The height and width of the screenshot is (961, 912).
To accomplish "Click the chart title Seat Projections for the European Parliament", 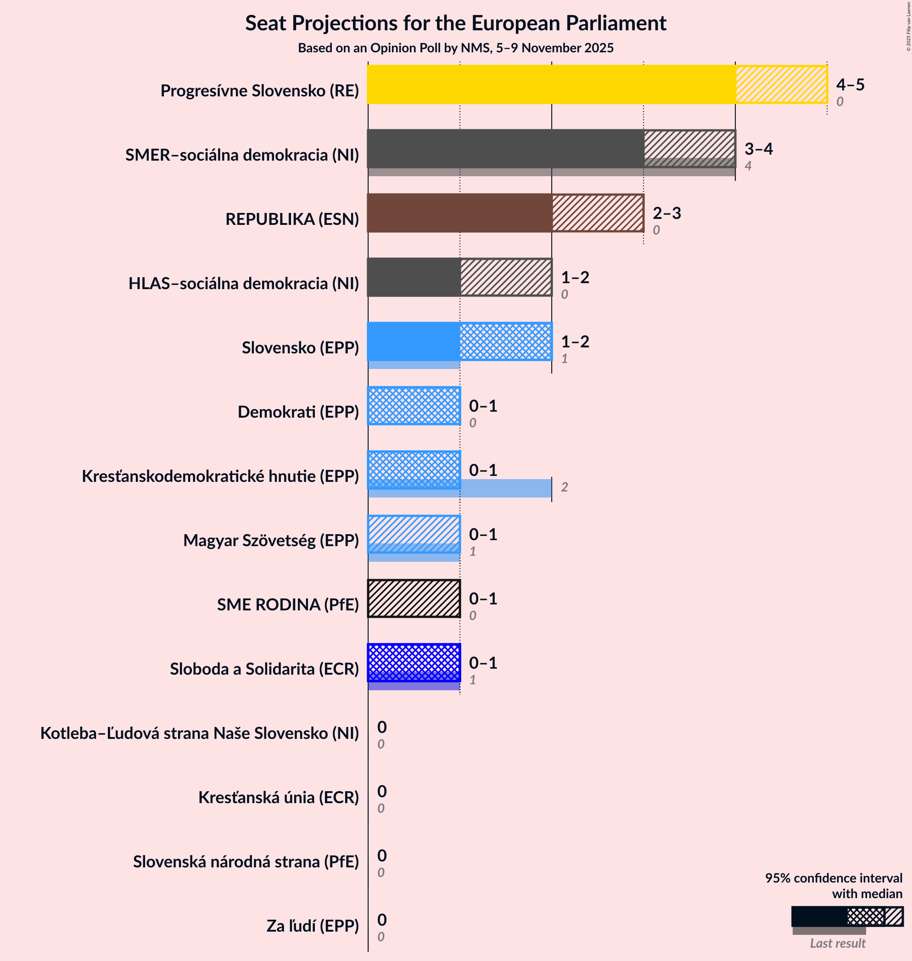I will (x=455, y=23).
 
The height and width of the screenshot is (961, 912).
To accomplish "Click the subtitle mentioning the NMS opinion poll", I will (x=455, y=48).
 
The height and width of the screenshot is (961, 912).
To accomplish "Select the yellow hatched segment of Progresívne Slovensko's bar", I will (x=781, y=84).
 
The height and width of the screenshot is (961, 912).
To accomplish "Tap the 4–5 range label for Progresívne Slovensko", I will (x=850, y=84).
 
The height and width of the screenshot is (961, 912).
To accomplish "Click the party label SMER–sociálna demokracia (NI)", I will (x=242, y=155).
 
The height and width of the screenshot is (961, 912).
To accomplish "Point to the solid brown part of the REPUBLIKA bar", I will (x=459, y=213).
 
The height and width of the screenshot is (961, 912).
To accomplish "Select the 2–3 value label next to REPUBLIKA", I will (x=666, y=213).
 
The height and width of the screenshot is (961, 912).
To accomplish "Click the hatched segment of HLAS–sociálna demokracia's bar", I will (x=506, y=277).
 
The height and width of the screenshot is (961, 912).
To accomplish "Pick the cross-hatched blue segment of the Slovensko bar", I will (x=506, y=341).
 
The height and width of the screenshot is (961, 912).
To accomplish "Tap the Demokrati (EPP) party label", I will (x=298, y=412).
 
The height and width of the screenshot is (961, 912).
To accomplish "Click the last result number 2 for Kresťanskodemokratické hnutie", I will (x=564, y=487).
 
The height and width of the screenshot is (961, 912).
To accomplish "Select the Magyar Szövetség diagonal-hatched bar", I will (x=414, y=534).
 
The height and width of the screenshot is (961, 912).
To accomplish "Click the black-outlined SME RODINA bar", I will (x=414, y=598).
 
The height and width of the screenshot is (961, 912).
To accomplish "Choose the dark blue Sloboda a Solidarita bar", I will (x=414, y=663).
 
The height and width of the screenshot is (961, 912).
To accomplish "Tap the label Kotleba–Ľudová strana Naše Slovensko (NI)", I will (x=199, y=733).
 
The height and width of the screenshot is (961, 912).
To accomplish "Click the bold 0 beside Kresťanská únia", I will (x=381, y=791).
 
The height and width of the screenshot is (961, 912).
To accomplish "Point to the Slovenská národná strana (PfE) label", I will (x=246, y=862).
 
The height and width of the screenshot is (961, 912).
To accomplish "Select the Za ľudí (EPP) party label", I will (x=312, y=926).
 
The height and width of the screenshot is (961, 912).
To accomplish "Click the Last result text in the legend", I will (x=837, y=943).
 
